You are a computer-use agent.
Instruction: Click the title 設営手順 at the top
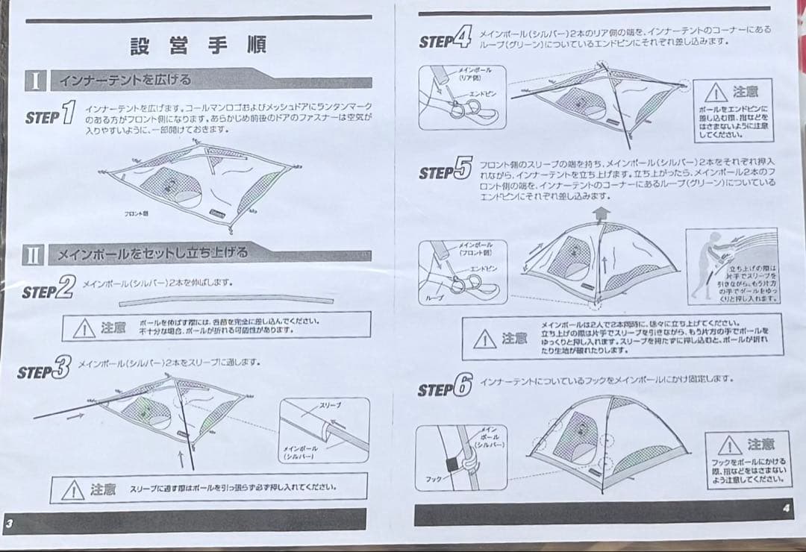198,46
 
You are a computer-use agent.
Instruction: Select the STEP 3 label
45,368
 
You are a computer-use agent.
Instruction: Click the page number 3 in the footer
9,523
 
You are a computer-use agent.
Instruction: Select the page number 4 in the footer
786,509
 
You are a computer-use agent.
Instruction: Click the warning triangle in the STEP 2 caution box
84,327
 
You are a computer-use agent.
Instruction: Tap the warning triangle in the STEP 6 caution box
729,446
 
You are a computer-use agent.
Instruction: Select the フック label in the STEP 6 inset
434,479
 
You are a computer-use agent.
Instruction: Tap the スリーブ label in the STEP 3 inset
330,405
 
